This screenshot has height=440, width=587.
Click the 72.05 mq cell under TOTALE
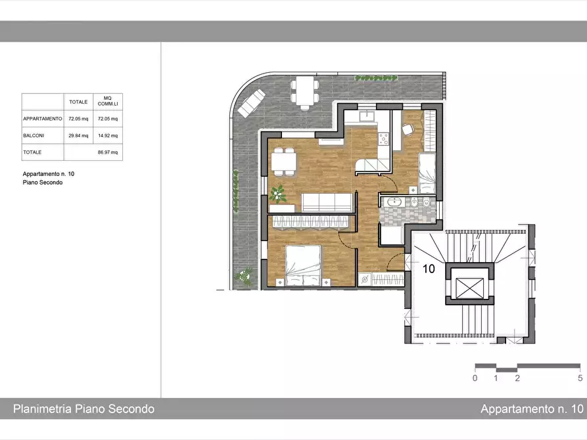click(x=78, y=119)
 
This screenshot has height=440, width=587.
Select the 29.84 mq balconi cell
click(x=78, y=135)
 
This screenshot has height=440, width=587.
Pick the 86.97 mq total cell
click(x=108, y=152)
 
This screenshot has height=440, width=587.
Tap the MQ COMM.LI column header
click(x=108, y=101)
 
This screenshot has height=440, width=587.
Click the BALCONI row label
click(x=34, y=135)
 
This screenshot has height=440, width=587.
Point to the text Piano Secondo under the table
click(x=43, y=183)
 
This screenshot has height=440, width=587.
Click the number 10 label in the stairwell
click(x=429, y=269)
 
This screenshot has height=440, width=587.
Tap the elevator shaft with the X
click(x=469, y=288)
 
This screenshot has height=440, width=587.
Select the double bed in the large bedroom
click(x=303, y=266)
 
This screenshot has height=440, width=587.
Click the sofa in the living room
click(x=327, y=202)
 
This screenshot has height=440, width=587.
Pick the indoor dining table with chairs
click(x=284, y=162)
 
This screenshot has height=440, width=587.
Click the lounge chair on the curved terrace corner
click(x=251, y=103)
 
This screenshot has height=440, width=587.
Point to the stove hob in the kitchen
click(x=384, y=139)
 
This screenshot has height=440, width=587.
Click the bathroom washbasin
click(x=394, y=202)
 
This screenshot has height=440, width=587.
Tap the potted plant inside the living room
click(x=277, y=194)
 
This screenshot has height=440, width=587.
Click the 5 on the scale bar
click(x=580, y=378)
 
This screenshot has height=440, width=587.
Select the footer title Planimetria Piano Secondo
click(x=84, y=408)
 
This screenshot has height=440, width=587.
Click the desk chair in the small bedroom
click(x=408, y=129)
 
